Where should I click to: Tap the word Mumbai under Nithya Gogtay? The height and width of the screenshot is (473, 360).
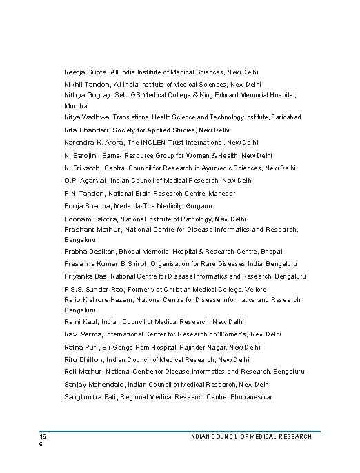77,107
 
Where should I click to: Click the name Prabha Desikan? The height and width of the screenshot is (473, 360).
88,252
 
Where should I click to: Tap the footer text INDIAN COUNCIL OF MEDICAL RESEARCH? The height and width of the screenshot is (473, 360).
250,436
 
